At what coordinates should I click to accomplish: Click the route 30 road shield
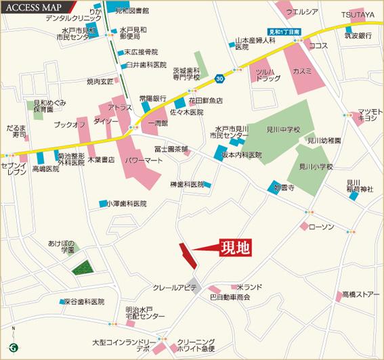[x=219, y=79]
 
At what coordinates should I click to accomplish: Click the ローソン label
[x=322, y=227]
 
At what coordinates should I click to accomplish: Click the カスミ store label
[x=302, y=71]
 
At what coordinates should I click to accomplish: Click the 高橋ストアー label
[x=360, y=294]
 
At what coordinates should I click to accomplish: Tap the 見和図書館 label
[x=132, y=12]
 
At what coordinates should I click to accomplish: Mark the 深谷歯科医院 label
[x=83, y=301]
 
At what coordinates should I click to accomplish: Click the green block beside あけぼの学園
[x=83, y=267]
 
